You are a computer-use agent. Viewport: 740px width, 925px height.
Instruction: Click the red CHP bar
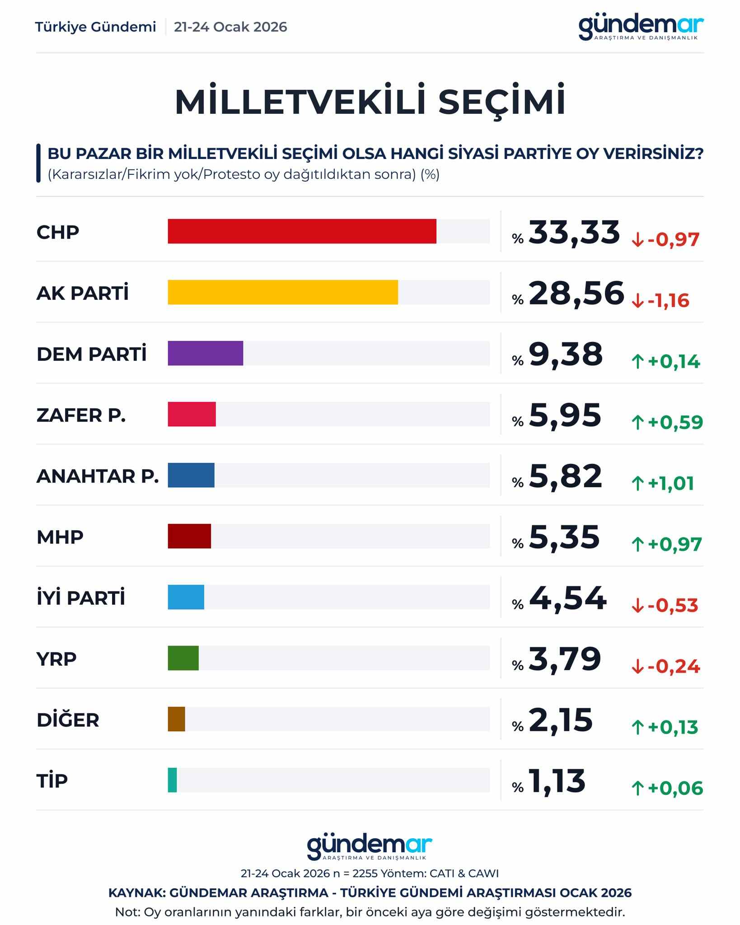(x=302, y=231)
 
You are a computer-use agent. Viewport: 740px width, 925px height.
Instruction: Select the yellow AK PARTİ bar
(x=283, y=292)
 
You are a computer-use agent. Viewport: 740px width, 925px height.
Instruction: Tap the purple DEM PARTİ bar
(x=205, y=353)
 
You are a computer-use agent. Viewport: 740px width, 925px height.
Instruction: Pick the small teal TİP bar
(x=172, y=780)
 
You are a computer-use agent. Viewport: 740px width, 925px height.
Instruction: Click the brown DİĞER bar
(x=176, y=719)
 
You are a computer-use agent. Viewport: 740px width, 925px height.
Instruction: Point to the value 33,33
(x=574, y=232)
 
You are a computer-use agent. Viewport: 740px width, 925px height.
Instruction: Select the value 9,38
(x=566, y=354)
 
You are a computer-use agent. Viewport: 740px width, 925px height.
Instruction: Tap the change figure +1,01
(x=670, y=484)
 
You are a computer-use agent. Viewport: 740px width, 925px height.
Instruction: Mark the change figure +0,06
(x=675, y=789)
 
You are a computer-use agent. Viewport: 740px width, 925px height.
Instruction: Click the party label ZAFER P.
(x=81, y=415)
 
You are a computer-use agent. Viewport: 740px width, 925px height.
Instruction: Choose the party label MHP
(x=60, y=537)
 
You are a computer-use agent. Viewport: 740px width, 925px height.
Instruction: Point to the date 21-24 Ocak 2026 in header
(x=230, y=27)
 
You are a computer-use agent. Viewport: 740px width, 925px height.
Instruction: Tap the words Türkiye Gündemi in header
(x=95, y=27)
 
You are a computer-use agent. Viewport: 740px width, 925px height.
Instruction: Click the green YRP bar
(x=183, y=658)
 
